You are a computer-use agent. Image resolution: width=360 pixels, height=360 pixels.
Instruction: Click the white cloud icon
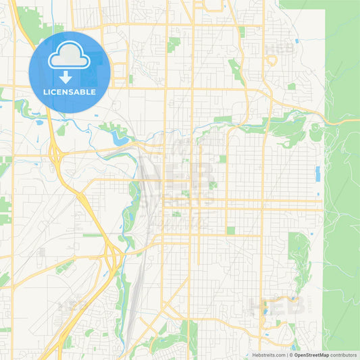click(70, 56)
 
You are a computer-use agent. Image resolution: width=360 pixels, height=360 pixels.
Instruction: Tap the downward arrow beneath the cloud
click(70, 77)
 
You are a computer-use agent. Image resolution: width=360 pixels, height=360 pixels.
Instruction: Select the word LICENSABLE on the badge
click(70, 92)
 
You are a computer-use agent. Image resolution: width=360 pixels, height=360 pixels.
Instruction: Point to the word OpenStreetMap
click(311, 355)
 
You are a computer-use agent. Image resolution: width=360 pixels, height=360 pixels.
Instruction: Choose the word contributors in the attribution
click(344, 355)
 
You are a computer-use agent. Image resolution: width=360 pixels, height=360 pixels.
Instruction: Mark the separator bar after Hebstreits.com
click(288, 355)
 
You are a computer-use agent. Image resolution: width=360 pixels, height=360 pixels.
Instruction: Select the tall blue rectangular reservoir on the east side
click(317, 174)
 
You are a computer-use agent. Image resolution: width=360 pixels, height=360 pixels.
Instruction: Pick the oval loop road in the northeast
click(272, 61)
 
